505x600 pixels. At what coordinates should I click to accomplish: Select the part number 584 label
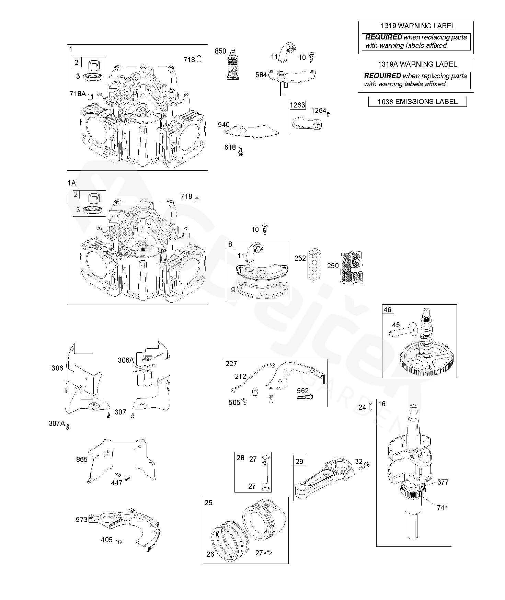tap(261, 75)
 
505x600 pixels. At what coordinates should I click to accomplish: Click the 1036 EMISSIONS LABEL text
tap(417, 102)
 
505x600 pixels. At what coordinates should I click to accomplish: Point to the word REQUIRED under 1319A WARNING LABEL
tap(382, 76)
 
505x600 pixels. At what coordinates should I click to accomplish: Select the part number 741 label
tap(442, 508)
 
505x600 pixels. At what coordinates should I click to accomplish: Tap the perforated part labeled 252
tap(314, 263)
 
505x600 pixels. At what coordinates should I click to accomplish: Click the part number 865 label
tap(82, 460)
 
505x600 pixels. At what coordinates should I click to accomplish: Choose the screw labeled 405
tap(119, 541)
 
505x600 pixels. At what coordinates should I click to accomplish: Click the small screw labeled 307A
tap(68, 427)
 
